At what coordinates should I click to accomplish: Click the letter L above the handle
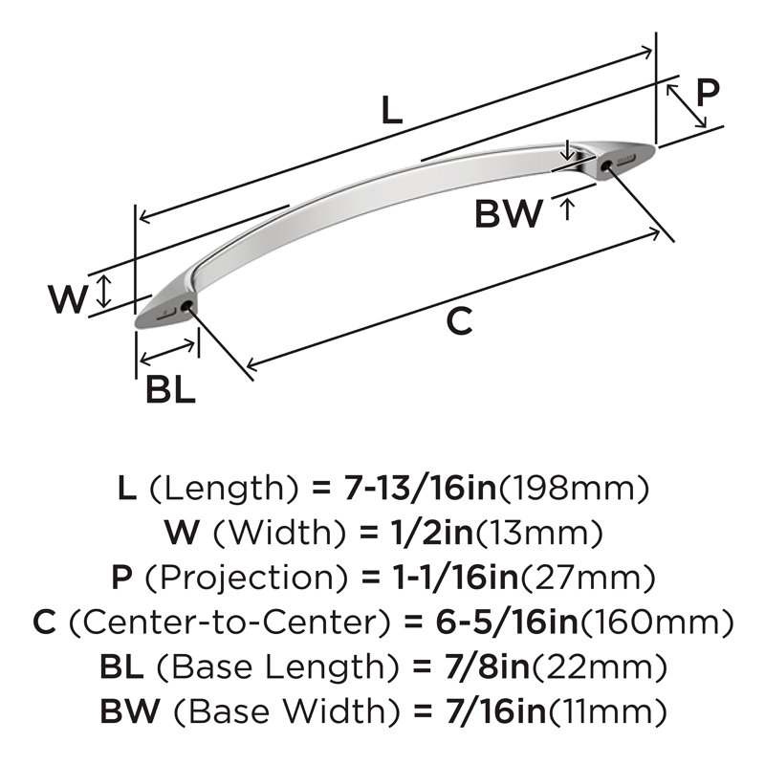click(x=391, y=110)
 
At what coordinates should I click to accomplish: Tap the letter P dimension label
click(x=707, y=93)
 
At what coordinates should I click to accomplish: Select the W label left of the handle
click(x=68, y=299)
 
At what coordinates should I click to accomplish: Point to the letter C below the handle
click(x=460, y=321)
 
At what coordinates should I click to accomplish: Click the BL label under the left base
click(x=171, y=389)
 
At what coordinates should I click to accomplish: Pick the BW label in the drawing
click(x=509, y=213)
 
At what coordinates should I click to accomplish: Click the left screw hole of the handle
click(x=186, y=306)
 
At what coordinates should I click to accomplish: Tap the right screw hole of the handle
click(x=605, y=166)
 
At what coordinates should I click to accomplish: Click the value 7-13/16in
click(x=420, y=489)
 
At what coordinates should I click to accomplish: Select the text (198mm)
click(x=574, y=489)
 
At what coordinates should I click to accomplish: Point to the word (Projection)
click(x=247, y=578)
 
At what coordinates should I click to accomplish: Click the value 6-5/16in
click(x=507, y=623)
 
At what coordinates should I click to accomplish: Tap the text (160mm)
click(x=655, y=623)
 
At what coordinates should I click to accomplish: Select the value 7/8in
click(x=488, y=667)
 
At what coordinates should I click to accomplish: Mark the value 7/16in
click(x=495, y=711)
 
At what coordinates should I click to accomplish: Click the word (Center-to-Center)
click(x=229, y=623)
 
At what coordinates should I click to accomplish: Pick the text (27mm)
click(x=588, y=578)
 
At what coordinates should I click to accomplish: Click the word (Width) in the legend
click(x=279, y=533)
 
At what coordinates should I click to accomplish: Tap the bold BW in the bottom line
click(x=130, y=711)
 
